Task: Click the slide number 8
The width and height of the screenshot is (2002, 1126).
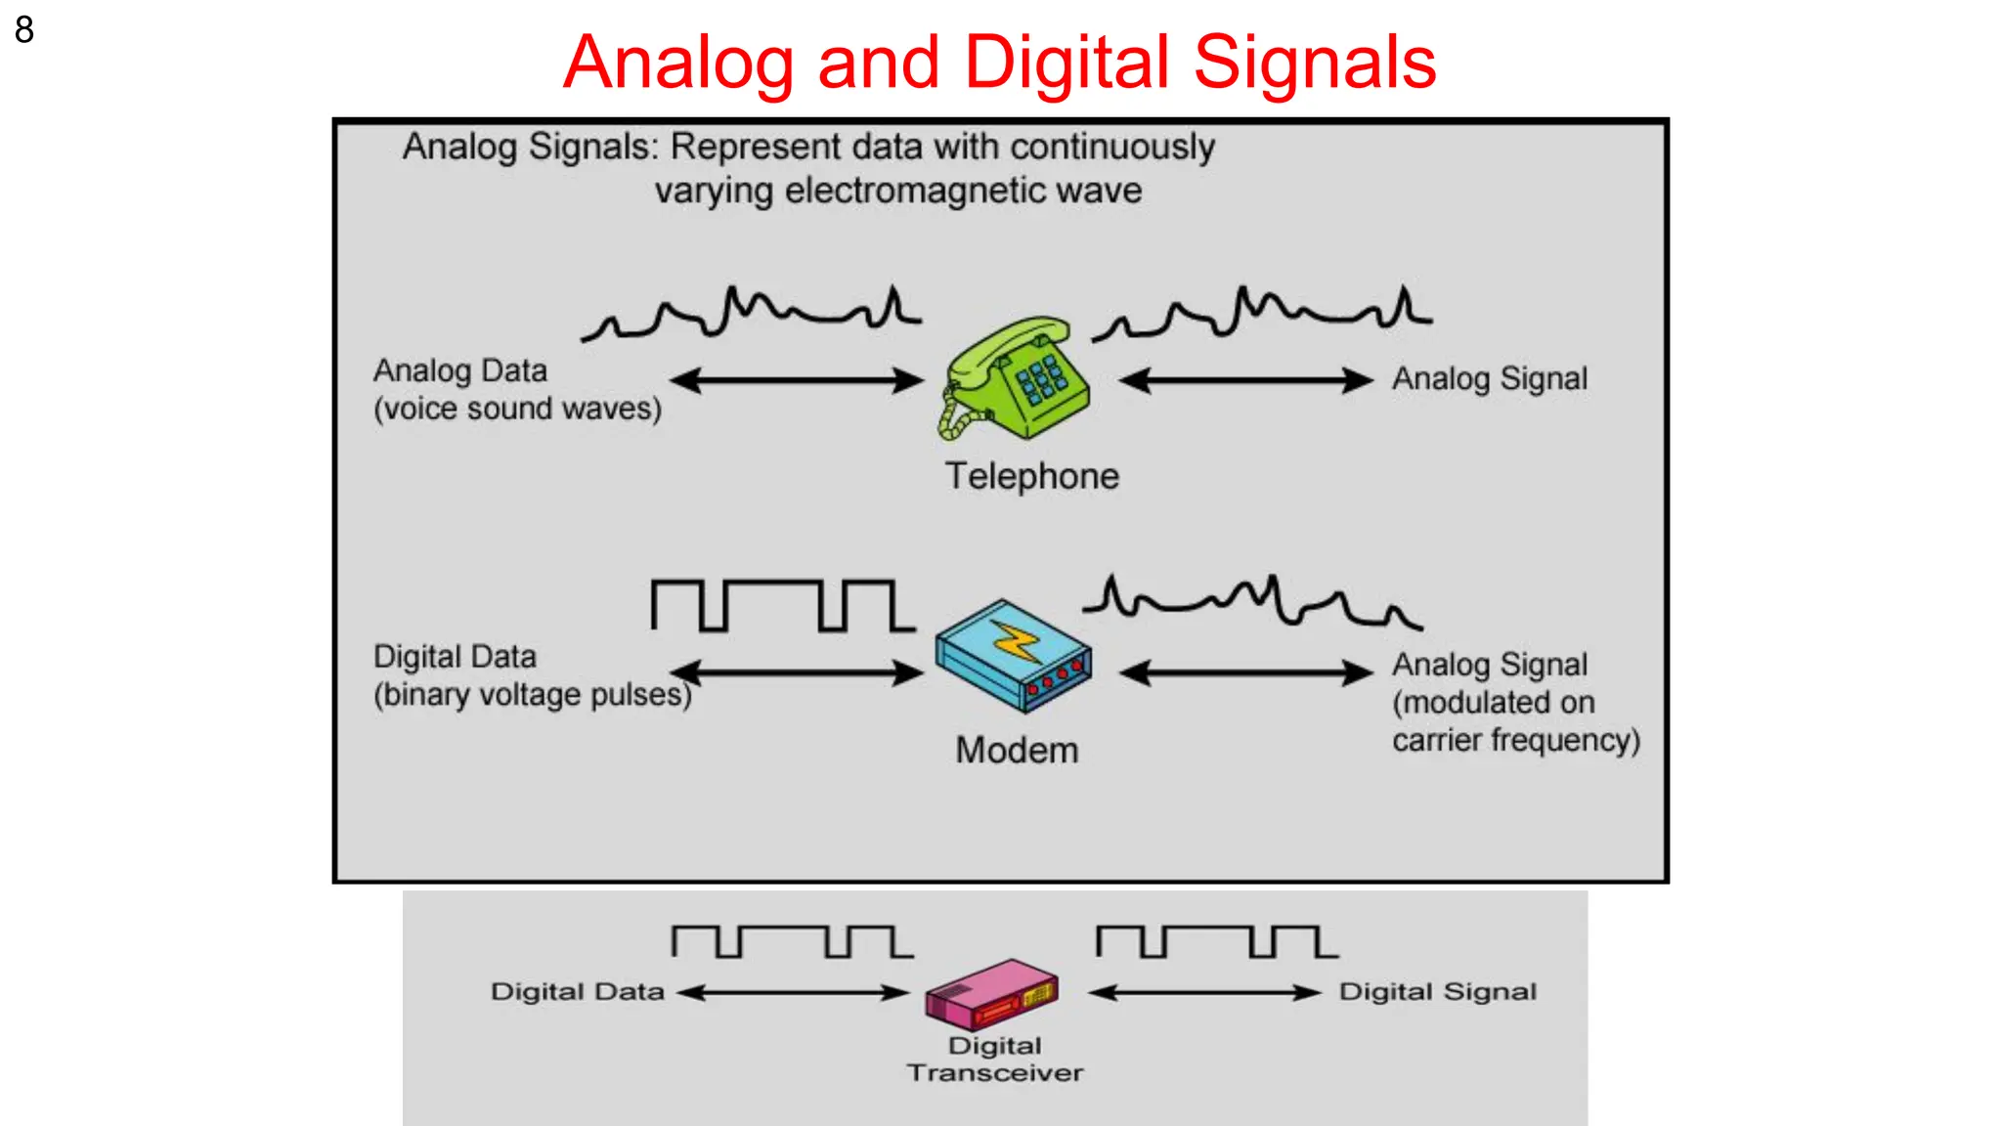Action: [x=24, y=29]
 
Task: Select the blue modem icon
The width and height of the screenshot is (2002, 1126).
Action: [x=1013, y=655]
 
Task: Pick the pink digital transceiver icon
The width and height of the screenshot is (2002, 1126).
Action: [x=991, y=993]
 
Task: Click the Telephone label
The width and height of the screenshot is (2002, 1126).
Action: [x=1031, y=476]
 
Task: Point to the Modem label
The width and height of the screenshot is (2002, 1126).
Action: [x=1017, y=750]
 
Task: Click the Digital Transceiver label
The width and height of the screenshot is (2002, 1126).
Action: [x=995, y=1060]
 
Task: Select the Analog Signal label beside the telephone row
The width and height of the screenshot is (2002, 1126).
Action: [x=1489, y=378]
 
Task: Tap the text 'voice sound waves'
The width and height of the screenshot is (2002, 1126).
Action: [x=517, y=409]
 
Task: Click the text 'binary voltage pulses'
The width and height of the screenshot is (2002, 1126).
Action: [x=532, y=695]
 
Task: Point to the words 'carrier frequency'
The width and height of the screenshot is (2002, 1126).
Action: [x=1514, y=740]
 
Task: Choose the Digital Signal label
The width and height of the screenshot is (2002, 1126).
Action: [x=1437, y=991]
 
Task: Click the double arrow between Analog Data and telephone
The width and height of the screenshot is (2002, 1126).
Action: [x=796, y=380]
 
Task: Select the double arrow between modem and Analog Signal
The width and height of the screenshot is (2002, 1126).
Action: [x=1245, y=672]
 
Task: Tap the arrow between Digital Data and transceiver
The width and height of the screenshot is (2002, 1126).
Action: [x=793, y=993]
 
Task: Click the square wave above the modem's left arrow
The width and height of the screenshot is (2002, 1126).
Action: [x=782, y=605]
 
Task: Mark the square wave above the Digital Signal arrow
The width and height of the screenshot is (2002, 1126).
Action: [x=1216, y=941]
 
